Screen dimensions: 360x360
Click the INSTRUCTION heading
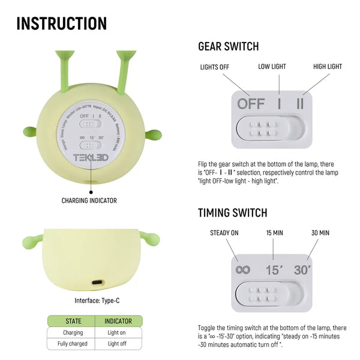coord(61,23)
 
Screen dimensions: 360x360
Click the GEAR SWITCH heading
coord(229,47)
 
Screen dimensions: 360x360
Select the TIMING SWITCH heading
coord(233,213)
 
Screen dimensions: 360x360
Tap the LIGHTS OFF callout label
coord(215,67)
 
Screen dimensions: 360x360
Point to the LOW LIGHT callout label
coord(272,66)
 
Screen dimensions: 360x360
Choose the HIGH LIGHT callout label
coord(328,66)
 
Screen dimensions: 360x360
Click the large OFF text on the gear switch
coord(251,103)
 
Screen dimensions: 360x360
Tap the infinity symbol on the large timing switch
coord(242,269)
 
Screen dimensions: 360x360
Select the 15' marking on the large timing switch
coord(274,269)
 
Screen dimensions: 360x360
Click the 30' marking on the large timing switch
coord(302,269)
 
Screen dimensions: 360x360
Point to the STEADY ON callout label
coord(224,233)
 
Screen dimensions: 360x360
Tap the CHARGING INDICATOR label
coord(89,200)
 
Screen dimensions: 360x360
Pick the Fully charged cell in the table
coord(73,344)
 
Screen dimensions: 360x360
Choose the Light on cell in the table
coord(118,332)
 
